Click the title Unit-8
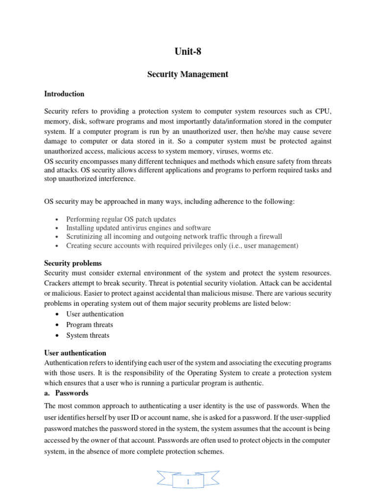tap(188, 51)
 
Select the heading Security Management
tap(188, 75)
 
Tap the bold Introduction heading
tap(64, 94)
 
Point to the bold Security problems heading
tap(73, 263)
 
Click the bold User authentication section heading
tap(75, 352)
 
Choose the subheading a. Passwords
tap(66, 393)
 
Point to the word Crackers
tap(58, 283)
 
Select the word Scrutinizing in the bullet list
tap(85, 237)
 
